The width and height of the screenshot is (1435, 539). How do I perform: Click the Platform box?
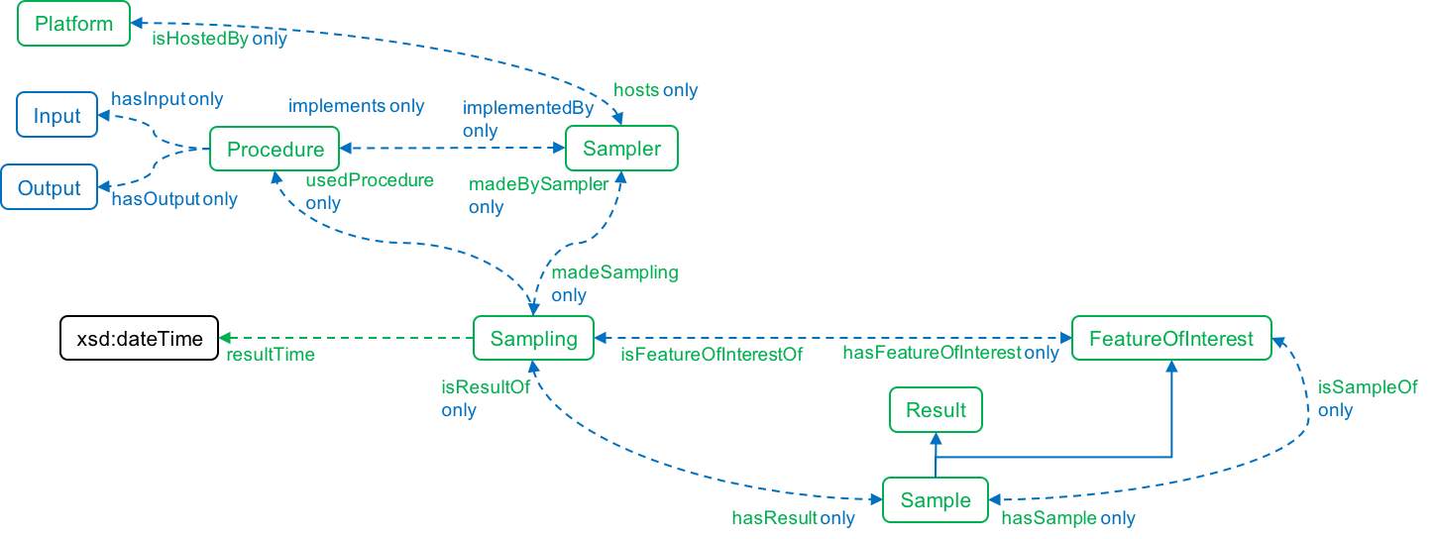[x=73, y=24]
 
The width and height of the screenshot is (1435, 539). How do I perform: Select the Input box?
[x=57, y=115]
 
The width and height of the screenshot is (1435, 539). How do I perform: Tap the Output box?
[x=50, y=188]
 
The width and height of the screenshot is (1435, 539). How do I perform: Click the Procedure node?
[x=275, y=150]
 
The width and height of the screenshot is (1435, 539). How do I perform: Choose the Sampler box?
[x=621, y=150]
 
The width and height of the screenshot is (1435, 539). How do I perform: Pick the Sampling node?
[x=533, y=339]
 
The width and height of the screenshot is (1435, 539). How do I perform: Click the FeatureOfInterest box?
[x=1171, y=339]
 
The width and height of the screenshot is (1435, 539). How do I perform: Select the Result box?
[x=936, y=410]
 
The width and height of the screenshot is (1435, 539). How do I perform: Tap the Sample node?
[x=936, y=500]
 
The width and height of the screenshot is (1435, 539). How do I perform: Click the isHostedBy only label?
[x=219, y=40]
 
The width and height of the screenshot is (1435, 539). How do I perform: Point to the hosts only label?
[x=655, y=90]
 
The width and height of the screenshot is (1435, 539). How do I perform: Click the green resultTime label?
[x=271, y=355]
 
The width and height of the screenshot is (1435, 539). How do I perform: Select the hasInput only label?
[x=166, y=99]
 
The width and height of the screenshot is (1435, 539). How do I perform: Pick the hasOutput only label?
[x=173, y=199]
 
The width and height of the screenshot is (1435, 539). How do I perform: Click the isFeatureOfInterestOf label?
[x=711, y=353]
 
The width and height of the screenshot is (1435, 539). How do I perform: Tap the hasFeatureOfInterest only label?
[x=950, y=353]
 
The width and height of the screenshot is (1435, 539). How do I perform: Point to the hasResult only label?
[x=793, y=517]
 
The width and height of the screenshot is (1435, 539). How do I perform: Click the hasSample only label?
[x=1068, y=517]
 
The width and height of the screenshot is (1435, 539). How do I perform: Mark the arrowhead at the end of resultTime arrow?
[x=224, y=338]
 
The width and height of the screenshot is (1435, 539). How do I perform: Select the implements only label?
[x=356, y=106]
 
